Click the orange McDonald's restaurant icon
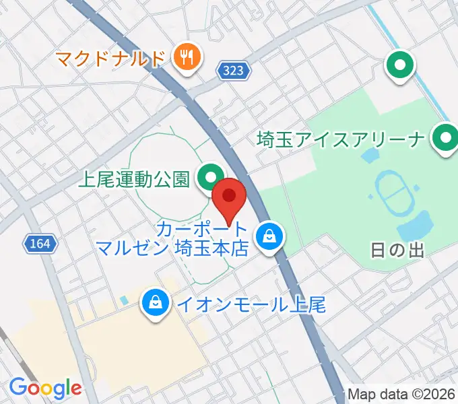tap(186, 58)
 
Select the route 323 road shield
tap(234, 69)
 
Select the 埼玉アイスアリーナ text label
tap(341, 141)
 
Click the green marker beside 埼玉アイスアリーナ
tap(445, 139)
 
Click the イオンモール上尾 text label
tap(251, 304)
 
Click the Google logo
tap(45, 388)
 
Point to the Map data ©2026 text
tap(401, 394)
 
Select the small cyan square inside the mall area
tap(122, 298)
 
